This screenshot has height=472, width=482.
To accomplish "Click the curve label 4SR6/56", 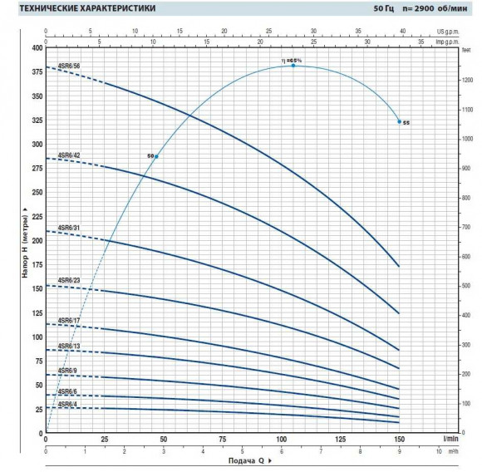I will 69,65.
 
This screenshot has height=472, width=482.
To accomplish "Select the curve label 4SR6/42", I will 69,155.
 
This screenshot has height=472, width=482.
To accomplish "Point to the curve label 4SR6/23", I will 69,281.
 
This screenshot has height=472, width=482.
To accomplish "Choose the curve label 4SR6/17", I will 69,320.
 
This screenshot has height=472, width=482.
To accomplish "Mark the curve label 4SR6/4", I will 67,404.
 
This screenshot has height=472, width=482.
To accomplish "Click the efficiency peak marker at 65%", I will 293,65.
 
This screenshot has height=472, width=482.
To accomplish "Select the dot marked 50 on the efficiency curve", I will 155,156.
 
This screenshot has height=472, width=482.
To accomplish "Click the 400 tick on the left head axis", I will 36,47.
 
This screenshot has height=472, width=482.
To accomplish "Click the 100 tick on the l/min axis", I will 281,440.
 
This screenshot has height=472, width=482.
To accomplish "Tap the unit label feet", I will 465,48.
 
